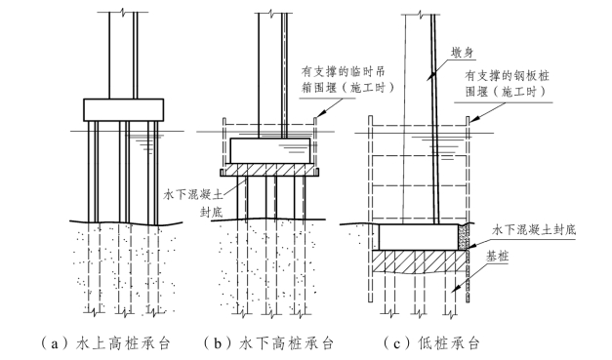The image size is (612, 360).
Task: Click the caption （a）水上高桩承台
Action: tap(106, 342)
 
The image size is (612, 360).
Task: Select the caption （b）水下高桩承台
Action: tap(268, 342)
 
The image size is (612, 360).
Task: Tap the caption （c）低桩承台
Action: tap(431, 342)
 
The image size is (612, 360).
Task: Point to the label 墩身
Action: tap(462, 53)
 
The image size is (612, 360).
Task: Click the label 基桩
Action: tap(497, 257)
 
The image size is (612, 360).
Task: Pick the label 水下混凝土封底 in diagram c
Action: tap(534, 229)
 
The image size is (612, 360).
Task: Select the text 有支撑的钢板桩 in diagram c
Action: tap(507, 75)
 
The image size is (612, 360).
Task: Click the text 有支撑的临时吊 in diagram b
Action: tap(343, 72)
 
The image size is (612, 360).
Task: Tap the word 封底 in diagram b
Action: tap(211, 212)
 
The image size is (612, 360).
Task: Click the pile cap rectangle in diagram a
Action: tap(123, 109)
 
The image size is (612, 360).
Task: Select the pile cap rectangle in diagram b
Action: tap(270, 150)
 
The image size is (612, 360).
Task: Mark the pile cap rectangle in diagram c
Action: tap(419, 237)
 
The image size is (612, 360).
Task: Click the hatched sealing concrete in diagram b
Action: tap(269, 170)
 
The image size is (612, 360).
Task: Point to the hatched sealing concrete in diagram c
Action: tap(419, 261)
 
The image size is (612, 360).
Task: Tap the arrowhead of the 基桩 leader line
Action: tap(456, 288)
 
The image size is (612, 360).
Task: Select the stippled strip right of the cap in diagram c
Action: tap(463, 237)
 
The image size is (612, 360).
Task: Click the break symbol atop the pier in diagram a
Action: tap(123, 12)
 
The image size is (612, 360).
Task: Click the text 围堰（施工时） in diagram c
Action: tap(506, 92)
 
